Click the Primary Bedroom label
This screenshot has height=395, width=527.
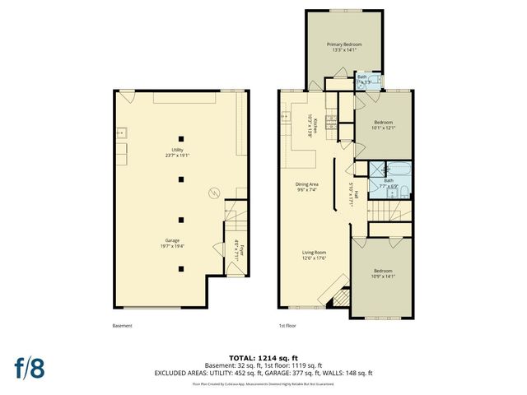345,47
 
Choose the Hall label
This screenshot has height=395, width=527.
352,194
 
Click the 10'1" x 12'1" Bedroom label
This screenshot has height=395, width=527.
384,125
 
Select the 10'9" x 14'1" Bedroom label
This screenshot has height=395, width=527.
383,274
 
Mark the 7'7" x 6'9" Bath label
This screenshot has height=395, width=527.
389,183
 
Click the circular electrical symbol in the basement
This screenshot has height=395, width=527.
214,193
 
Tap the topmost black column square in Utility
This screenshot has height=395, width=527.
189,137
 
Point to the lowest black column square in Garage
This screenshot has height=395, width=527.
189,268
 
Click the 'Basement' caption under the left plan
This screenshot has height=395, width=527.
122,325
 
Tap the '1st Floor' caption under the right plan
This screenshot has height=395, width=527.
287,325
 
